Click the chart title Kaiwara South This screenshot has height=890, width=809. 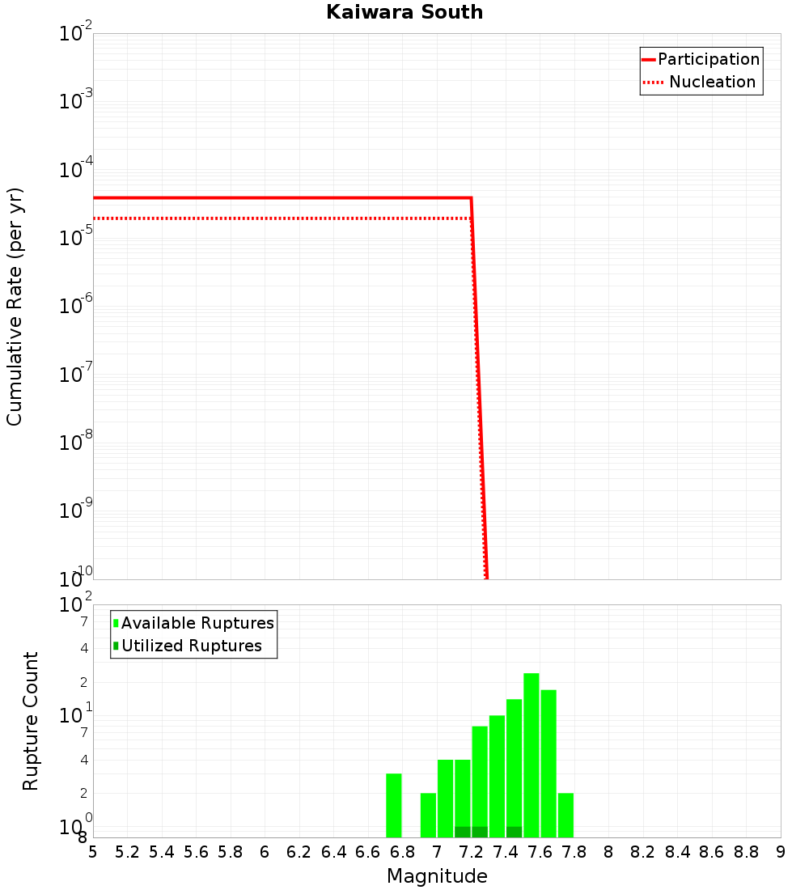[x=404, y=12]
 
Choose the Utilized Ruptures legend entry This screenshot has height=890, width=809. [x=191, y=646]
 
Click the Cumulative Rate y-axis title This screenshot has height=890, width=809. [x=15, y=306]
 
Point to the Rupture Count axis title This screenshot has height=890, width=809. [x=31, y=721]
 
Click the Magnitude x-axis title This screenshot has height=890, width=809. [x=437, y=876]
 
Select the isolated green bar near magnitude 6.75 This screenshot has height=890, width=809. [x=394, y=805]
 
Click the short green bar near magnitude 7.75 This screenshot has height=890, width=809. [x=565, y=815]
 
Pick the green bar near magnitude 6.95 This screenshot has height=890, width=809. [x=428, y=815]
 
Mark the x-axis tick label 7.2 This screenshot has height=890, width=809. [x=471, y=852]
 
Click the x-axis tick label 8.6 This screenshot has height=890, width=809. [x=712, y=852]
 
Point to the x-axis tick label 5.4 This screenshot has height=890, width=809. [x=162, y=852]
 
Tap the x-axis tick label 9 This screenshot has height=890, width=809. [x=781, y=852]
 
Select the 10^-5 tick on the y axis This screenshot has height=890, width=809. [x=76, y=238]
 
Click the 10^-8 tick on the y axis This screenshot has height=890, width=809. [x=76, y=443]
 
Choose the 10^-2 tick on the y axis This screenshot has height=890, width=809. [x=76, y=34]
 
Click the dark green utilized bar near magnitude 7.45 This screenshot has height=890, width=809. [x=514, y=832]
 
